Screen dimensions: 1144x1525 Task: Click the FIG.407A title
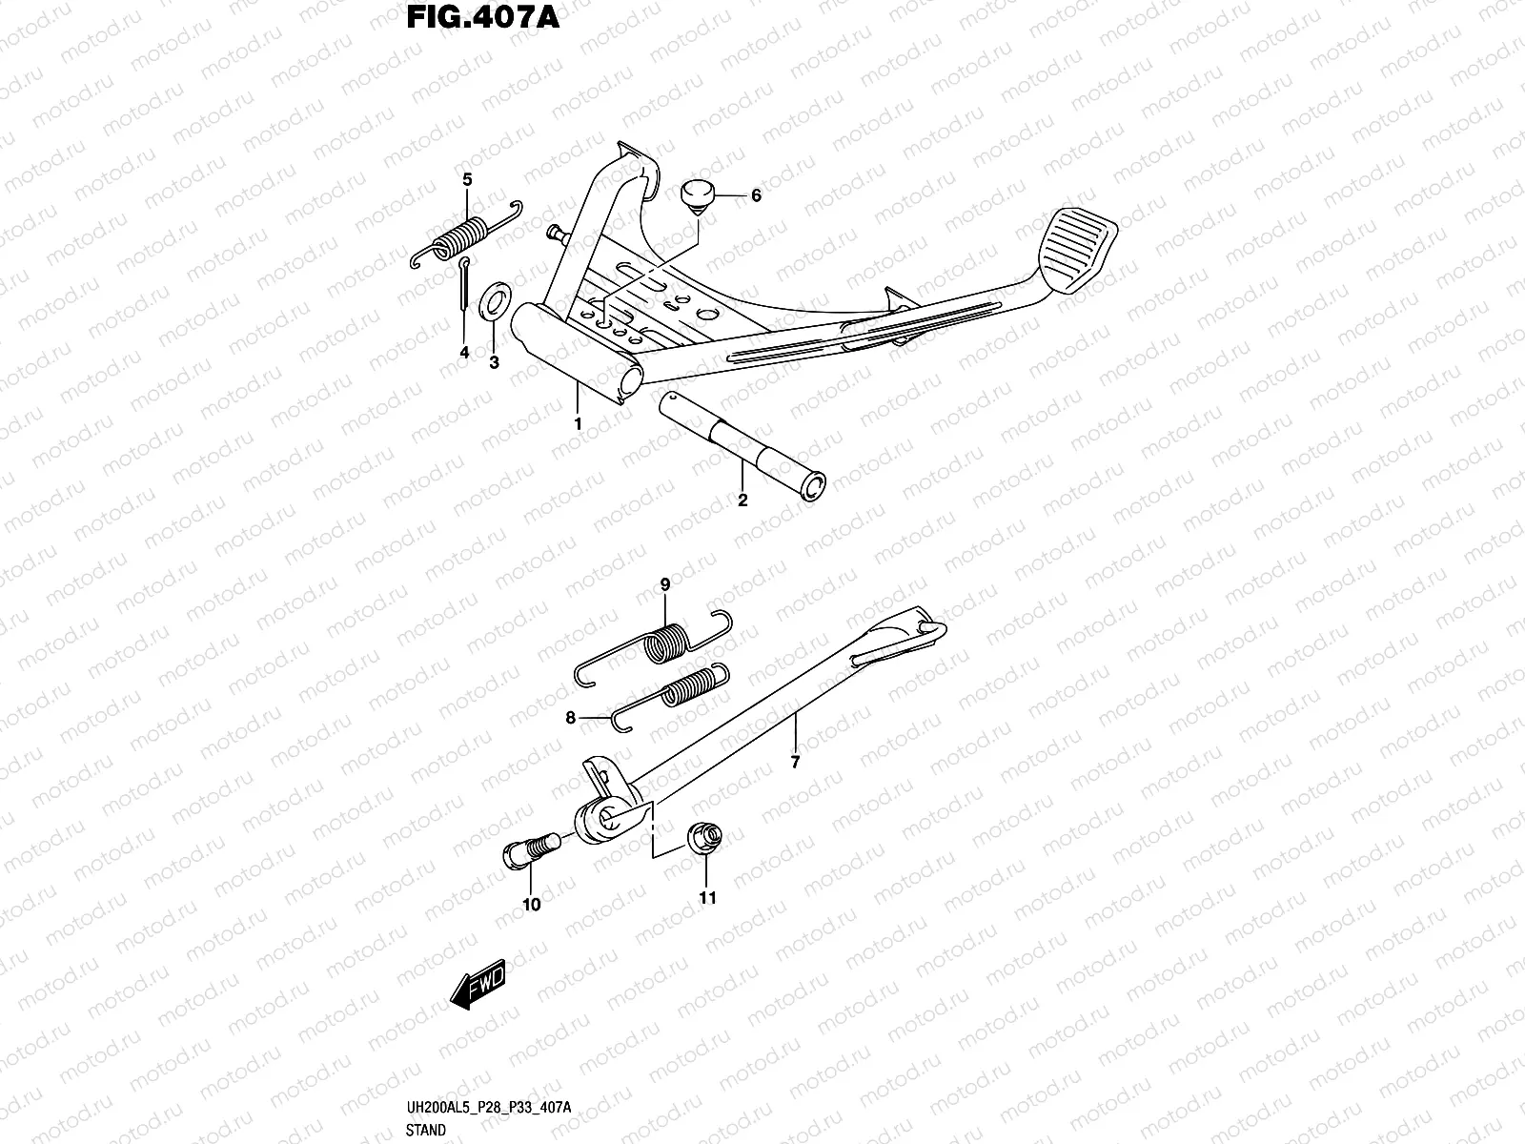(482, 18)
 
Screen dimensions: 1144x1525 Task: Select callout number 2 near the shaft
(742, 500)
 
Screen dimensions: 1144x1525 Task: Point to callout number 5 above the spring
(467, 179)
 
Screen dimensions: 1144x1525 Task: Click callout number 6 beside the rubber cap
(756, 195)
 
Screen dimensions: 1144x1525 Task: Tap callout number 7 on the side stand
(796, 762)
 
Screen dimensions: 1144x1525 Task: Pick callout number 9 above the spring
(665, 583)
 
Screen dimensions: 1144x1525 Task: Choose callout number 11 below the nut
(707, 897)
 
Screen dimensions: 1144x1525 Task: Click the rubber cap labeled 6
(701, 198)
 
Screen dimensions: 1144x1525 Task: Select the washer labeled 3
(496, 301)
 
